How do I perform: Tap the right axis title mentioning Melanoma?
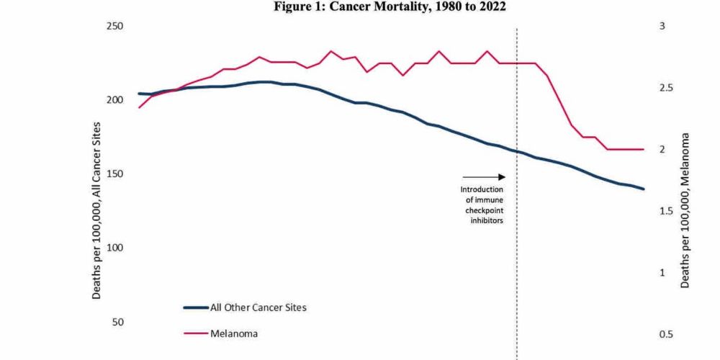click(685, 210)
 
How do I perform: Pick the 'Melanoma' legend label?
click(234, 334)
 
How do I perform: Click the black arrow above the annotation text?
click(484, 176)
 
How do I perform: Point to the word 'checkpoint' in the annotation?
click(482, 210)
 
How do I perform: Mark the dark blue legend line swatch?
click(195, 307)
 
